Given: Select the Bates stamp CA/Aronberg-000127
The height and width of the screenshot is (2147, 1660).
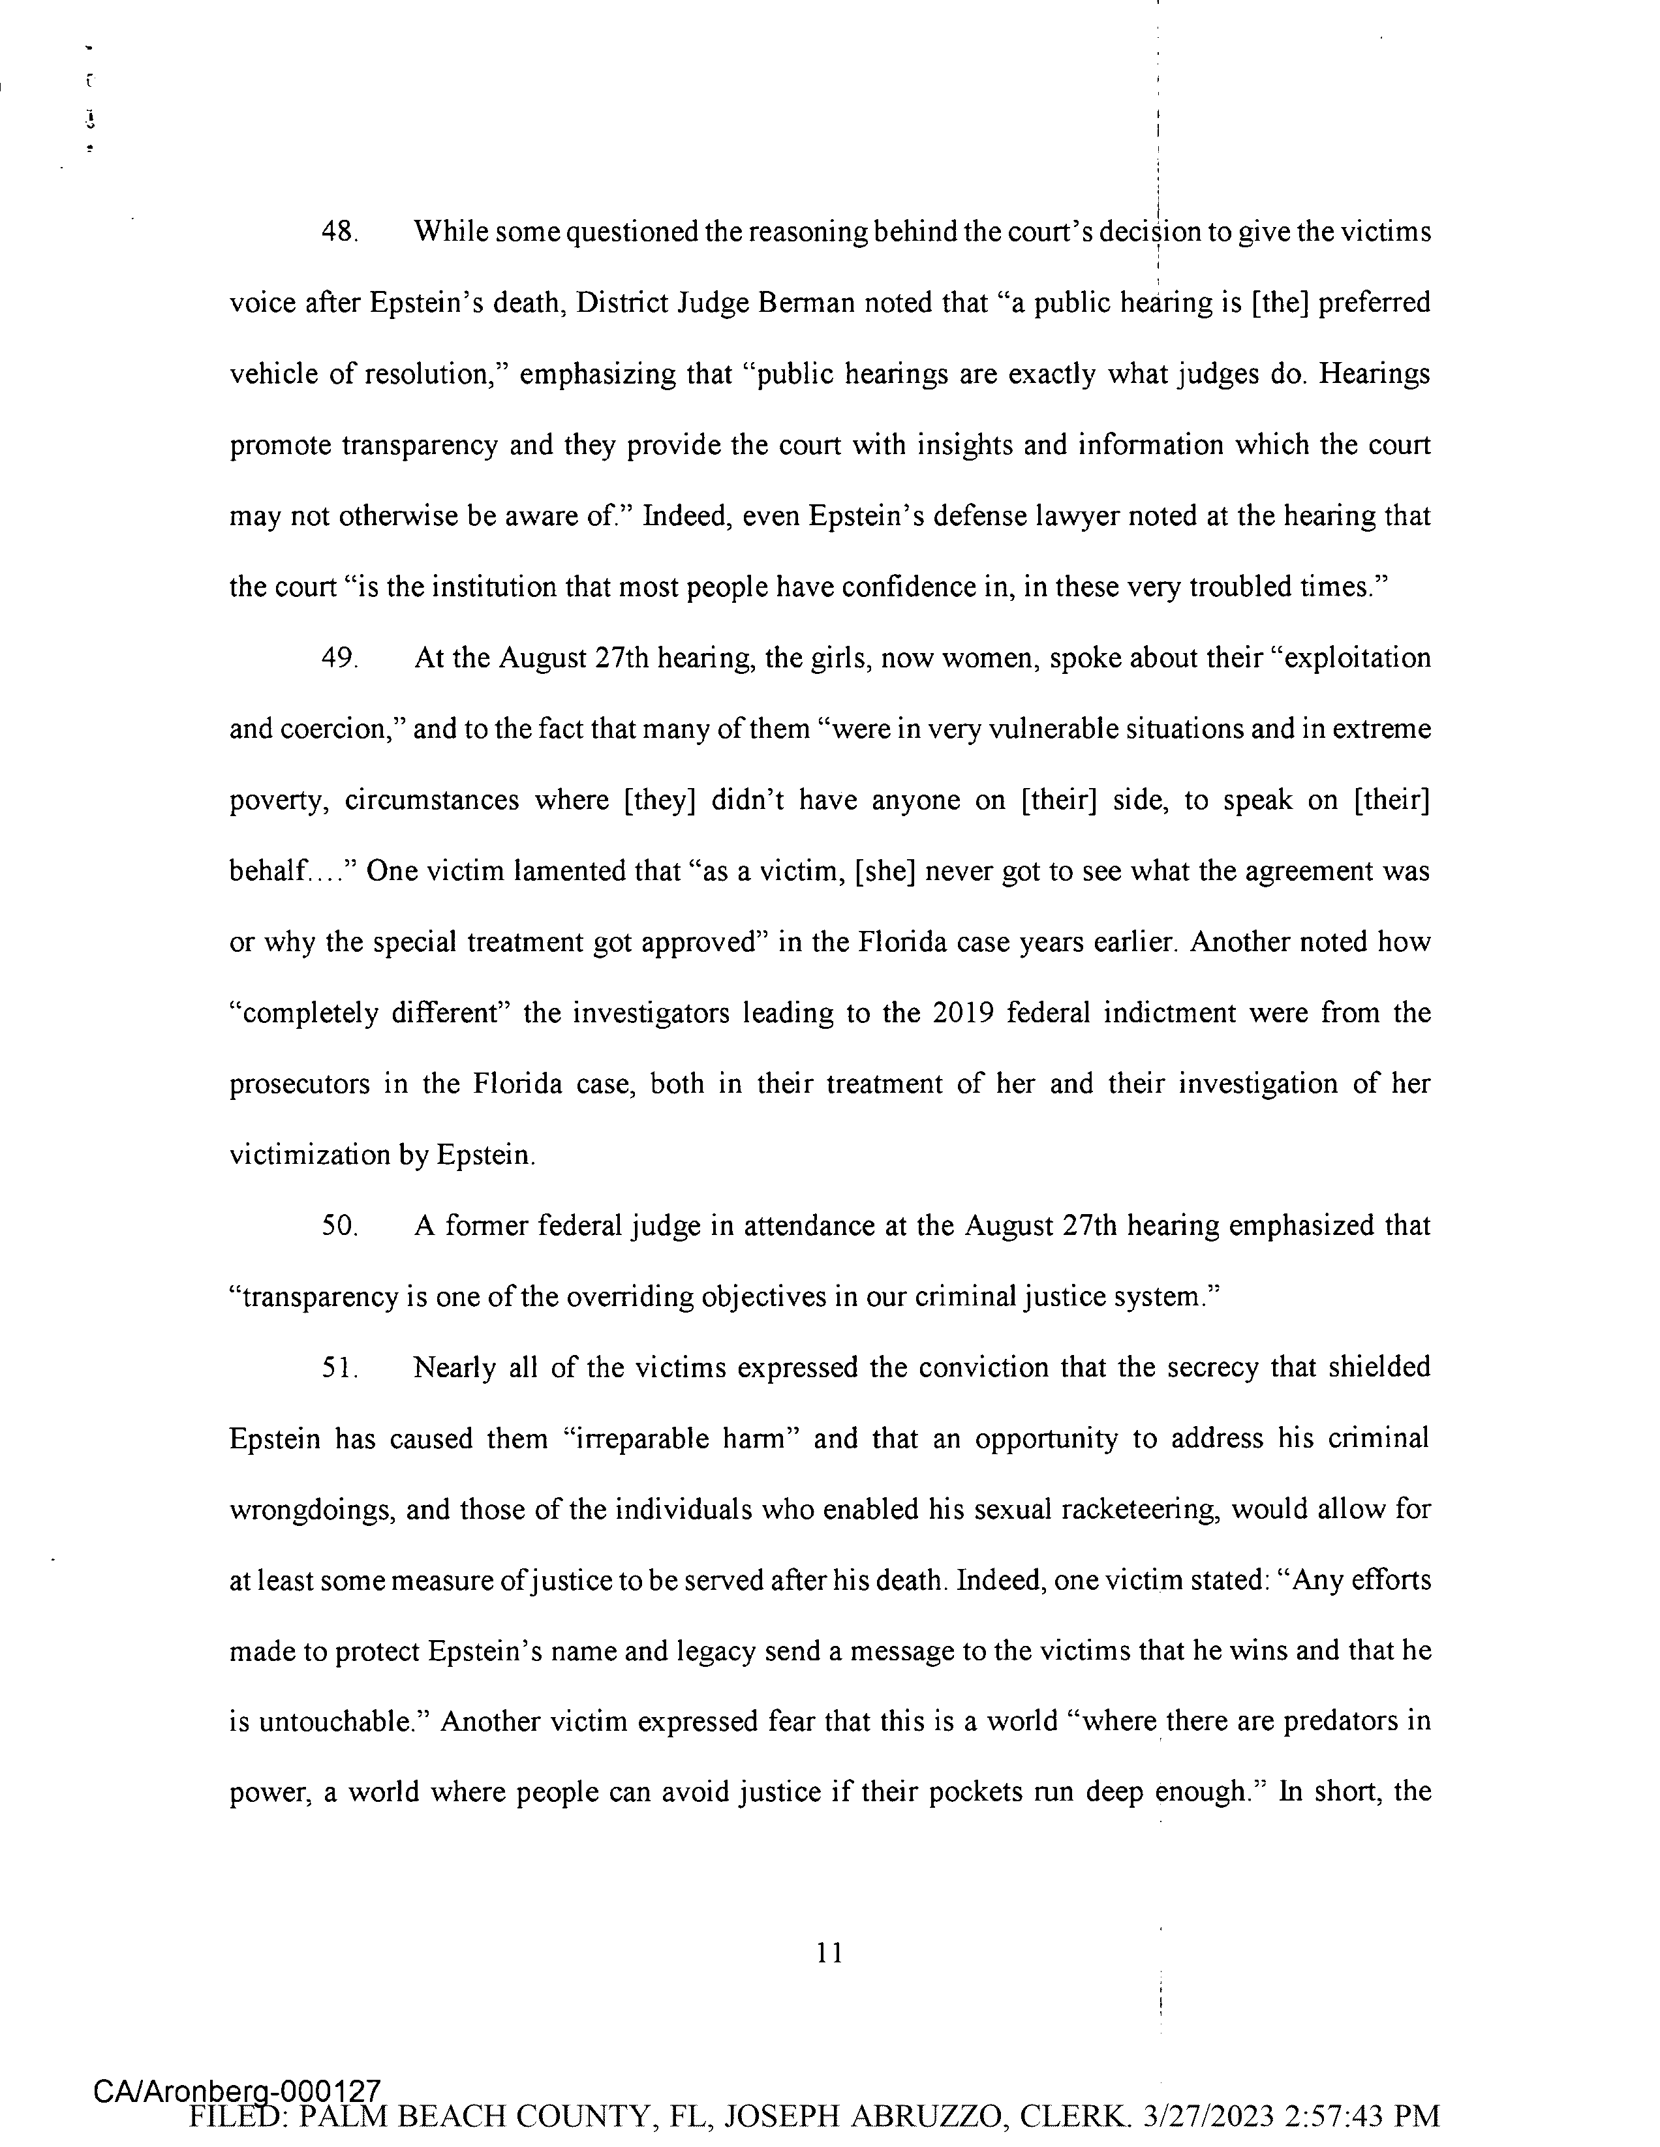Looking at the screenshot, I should (x=236, y=2090).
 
